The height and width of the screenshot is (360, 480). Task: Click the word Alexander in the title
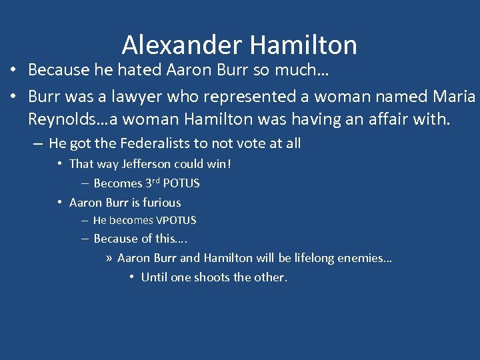pyautogui.click(x=181, y=45)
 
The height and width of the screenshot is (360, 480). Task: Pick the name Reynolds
pyautogui.click(x=61, y=120)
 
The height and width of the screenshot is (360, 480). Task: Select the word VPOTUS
pyautogui.click(x=175, y=220)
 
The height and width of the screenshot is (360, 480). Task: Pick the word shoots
pyautogui.click(x=212, y=277)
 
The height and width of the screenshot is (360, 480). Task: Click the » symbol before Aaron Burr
pyautogui.click(x=109, y=258)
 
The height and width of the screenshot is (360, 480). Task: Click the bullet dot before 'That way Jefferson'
pyautogui.click(x=60, y=164)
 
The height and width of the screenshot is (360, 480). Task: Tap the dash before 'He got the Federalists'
pyautogui.click(x=37, y=143)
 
